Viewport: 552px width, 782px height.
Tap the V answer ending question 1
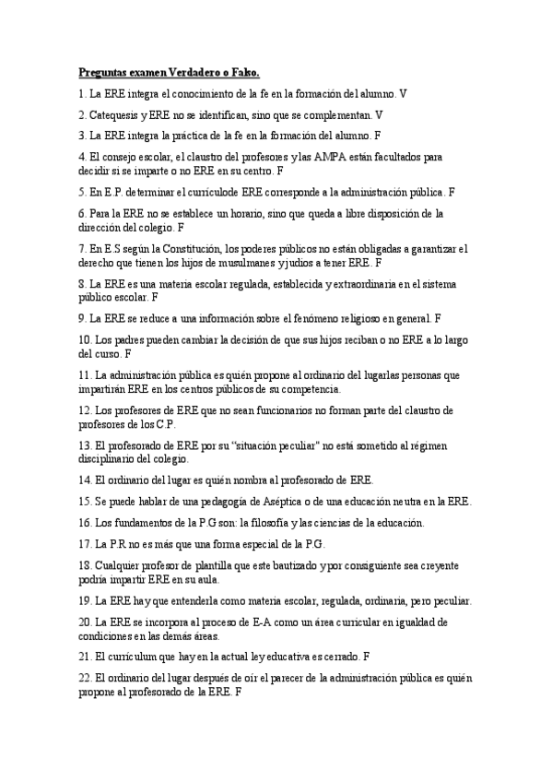coord(403,94)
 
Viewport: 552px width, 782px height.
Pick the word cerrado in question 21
coord(339,657)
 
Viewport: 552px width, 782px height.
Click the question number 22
coord(86,679)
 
